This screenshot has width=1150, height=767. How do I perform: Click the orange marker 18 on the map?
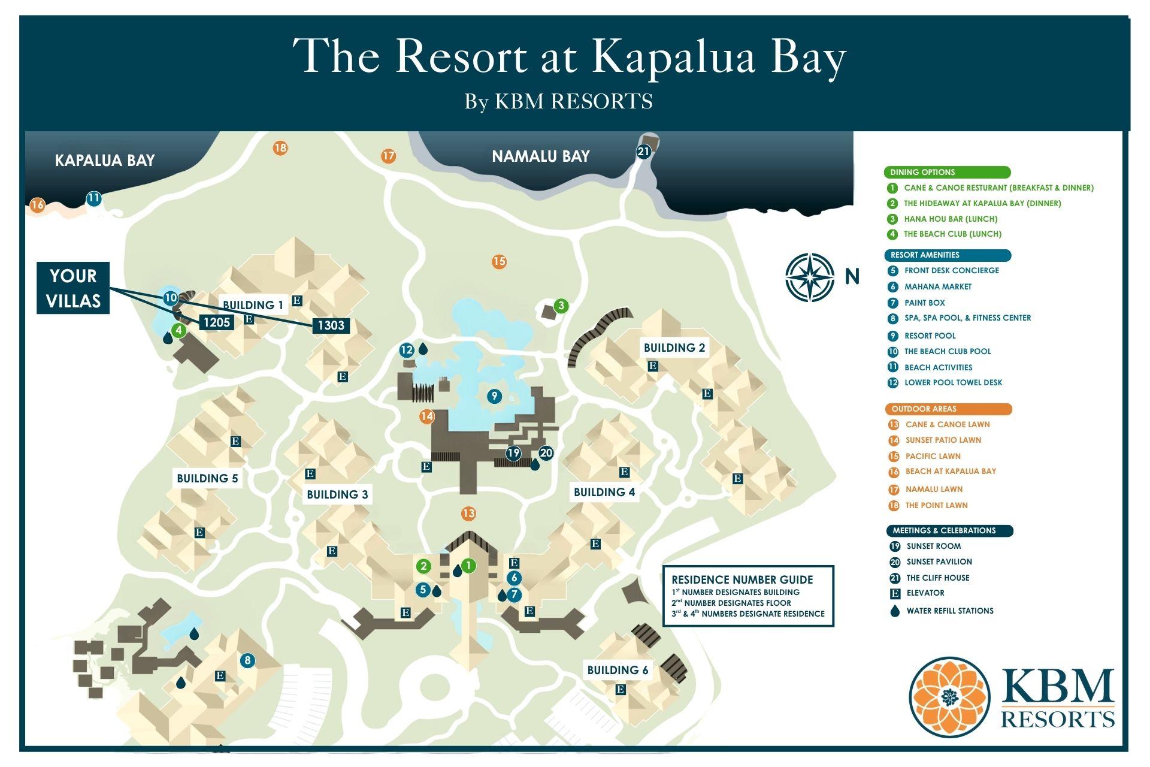coord(280,147)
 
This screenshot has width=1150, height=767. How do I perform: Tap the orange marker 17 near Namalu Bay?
coord(389,156)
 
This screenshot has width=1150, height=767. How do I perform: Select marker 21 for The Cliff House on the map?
coord(643,152)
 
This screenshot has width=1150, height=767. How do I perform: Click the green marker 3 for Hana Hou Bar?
coord(561,306)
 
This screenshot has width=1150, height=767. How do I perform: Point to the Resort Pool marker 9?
coord(494,395)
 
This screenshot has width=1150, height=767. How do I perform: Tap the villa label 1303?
coord(331,325)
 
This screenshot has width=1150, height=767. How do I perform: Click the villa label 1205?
coord(216,322)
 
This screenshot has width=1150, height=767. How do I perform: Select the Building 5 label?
coord(207,478)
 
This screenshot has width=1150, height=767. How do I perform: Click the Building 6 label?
coord(618,670)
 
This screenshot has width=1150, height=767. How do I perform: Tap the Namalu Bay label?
coord(540,156)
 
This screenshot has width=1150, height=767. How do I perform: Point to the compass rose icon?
coord(810,277)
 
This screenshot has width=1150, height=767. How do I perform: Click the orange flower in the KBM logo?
coord(949,697)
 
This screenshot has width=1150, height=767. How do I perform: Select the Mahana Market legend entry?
coord(937,287)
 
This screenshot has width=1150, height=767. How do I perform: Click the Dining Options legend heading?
coord(922,173)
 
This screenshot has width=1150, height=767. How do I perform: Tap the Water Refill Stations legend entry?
coord(949,611)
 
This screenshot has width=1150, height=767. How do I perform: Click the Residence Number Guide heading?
coord(742,579)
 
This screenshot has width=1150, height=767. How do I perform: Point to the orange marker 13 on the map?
coord(468,514)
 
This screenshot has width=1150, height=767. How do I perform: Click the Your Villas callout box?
coord(73,288)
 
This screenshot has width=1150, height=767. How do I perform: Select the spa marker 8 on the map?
coord(247,661)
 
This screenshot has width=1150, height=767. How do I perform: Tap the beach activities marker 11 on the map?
coord(93,198)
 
